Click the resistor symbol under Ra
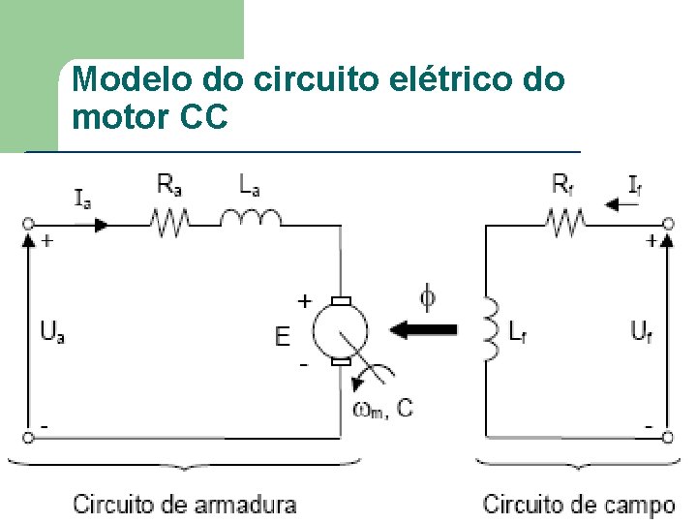coord(169,225)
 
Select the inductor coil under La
coord(251,219)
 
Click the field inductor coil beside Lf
coord(490,332)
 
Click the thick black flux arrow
coord(424,329)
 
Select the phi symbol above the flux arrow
coord(426,293)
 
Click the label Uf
coord(641,332)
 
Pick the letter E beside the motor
coord(282,336)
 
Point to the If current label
coord(634,183)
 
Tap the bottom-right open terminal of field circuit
coord(668,437)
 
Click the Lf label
coord(520,332)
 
